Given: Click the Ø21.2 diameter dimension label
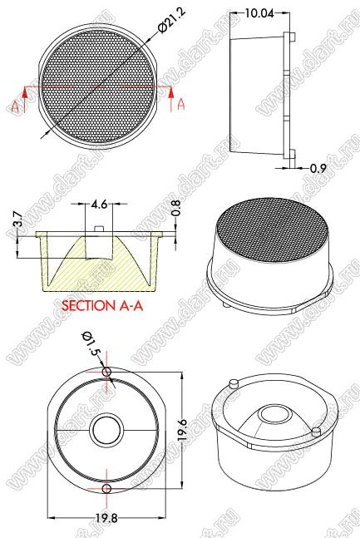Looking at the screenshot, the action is [x=171, y=20].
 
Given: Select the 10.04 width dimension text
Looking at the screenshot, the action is [x=259, y=13].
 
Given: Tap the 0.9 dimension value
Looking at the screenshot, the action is [x=318, y=168].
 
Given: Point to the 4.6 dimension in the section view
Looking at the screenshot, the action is [x=99, y=205].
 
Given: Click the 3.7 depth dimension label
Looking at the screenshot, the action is [x=18, y=219].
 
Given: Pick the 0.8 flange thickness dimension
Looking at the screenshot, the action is [x=175, y=209].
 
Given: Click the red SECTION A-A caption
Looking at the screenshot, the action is [x=102, y=305].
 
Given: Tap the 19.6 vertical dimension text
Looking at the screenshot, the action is [x=183, y=430].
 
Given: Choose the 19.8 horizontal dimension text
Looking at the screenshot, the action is [x=106, y=518].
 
